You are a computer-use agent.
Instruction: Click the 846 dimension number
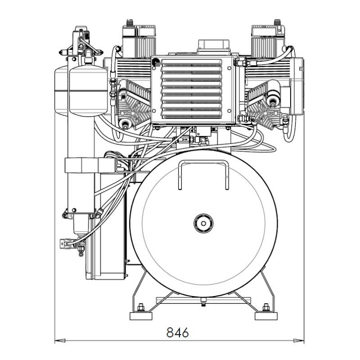point(177,332)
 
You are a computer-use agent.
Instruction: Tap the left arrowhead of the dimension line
point(60,341)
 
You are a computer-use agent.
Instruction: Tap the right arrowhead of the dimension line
point(299,341)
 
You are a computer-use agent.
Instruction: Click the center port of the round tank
point(203,223)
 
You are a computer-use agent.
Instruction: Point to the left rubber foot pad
point(141,316)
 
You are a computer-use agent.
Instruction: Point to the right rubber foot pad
point(266,316)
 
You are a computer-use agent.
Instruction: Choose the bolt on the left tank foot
point(141,307)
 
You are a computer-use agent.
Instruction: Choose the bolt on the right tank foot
point(266,307)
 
